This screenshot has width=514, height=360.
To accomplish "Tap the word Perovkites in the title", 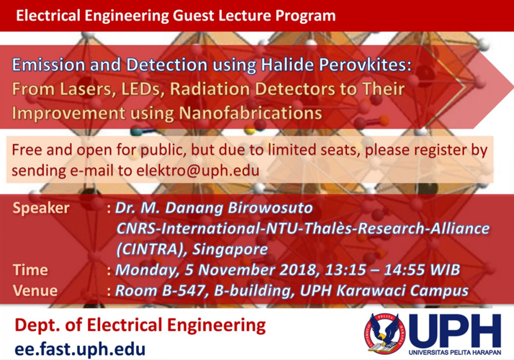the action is [x=365, y=65].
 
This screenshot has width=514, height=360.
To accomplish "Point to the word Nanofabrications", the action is [x=250, y=113].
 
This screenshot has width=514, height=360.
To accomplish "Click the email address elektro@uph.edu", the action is [x=198, y=170].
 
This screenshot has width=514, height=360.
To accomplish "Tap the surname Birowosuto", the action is [x=270, y=208].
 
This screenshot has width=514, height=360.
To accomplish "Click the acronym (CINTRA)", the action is [x=151, y=249].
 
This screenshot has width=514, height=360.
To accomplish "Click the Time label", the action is [x=30, y=270].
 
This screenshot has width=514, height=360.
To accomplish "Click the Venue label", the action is [x=35, y=291].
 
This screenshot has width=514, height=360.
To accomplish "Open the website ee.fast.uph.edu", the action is [x=80, y=349].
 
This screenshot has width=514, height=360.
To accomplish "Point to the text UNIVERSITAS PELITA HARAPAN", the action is [x=455, y=352].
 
